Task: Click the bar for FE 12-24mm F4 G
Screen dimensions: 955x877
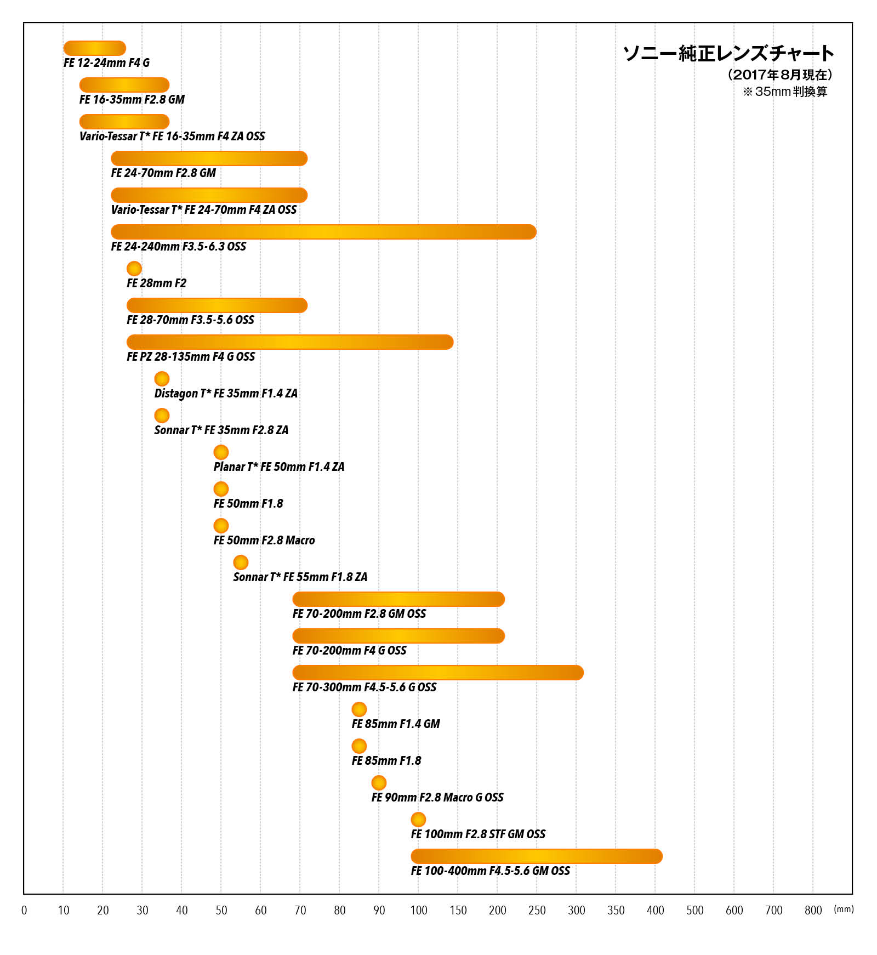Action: (95, 48)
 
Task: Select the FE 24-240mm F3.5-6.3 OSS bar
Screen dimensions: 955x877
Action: (323, 232)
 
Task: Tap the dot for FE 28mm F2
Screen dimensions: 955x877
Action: (134, 269)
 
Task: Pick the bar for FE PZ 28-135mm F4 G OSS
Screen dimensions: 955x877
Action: (290, 342)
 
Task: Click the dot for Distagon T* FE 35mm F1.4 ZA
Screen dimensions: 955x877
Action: (162, 379)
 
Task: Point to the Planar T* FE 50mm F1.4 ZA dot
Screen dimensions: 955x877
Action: (221, 452)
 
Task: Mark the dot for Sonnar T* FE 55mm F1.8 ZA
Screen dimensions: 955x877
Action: (241, 562)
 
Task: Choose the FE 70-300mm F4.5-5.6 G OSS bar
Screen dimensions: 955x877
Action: (438, 673)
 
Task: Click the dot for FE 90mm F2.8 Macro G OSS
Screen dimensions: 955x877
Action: (379, 783)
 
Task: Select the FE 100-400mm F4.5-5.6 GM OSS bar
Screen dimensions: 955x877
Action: (537, 856)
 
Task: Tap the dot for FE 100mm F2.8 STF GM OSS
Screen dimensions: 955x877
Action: (418, 820)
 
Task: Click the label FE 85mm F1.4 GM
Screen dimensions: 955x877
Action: (396, 724)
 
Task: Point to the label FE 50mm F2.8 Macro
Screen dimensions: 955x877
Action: (264, 541)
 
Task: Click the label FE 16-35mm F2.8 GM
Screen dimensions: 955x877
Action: (132, 100)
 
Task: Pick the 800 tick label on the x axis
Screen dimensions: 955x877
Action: (813, 911)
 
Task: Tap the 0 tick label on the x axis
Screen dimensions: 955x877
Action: (24, 911)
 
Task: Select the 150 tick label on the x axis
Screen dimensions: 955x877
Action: (458, 911)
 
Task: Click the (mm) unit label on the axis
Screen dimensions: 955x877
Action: (844, 909)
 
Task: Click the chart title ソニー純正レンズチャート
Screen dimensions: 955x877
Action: (728, 53)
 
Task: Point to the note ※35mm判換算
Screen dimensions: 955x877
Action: (785, 92)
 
